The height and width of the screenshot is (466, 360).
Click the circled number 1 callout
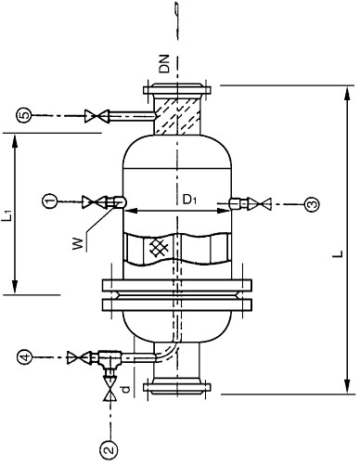pyautogui.click(x=50, y=201)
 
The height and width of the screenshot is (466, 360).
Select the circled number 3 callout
pyautogui.click(x=312, y=204)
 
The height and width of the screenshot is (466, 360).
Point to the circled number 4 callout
pyautogui.click(x=25, y=356)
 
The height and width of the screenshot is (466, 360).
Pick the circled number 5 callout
pyautogui.click(x=25, y=115)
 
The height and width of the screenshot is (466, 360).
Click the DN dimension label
pyautogui.click(x=164, y=64)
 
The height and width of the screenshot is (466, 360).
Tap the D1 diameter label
pyautogui.click(x=189, y=201)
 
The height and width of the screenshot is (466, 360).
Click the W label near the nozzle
pyautogui.click(x=79, y=243)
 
